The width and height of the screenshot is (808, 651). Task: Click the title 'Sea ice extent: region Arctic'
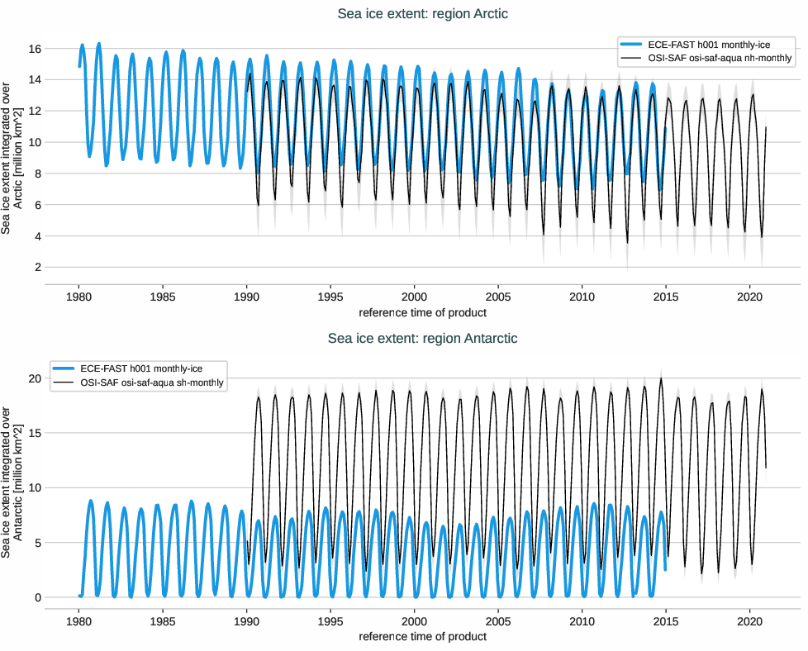422,14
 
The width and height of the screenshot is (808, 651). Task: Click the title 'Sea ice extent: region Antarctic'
422,338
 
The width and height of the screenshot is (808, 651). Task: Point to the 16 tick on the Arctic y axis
35,49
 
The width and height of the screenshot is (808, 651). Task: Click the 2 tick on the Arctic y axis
38,268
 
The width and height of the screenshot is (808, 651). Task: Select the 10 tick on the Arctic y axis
35,142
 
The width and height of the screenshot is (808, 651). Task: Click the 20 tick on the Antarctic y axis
35,378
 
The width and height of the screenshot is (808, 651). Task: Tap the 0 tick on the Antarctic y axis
38,597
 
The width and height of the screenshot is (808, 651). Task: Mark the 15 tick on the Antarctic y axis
35,433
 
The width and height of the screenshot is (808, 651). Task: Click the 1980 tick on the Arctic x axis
78,297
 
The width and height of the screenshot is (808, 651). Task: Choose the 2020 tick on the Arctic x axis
749,297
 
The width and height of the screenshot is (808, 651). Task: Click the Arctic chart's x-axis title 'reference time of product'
422,312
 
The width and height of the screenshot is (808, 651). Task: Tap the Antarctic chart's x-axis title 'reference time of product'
422,636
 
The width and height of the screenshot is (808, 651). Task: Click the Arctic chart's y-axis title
12,157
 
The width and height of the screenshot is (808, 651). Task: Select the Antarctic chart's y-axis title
12,481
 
